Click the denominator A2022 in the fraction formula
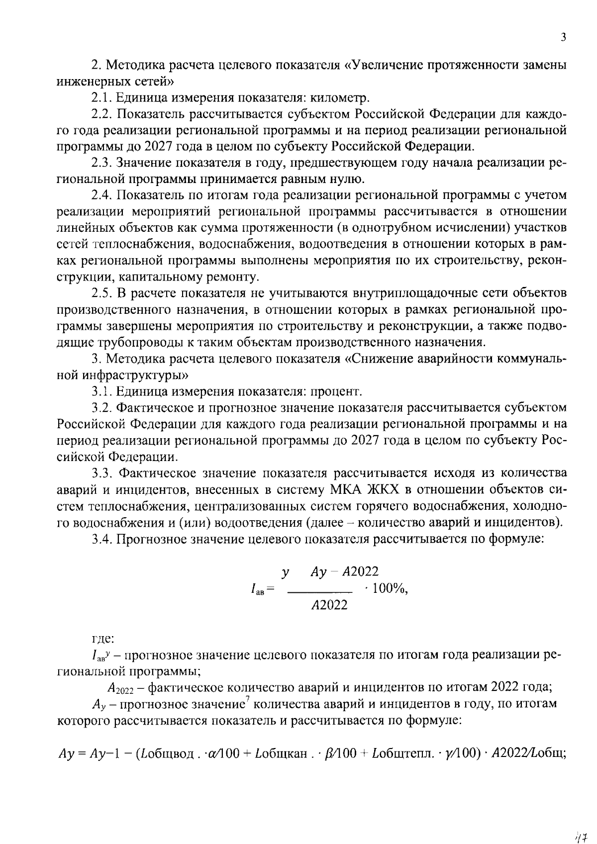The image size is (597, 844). tap(329, 605)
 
